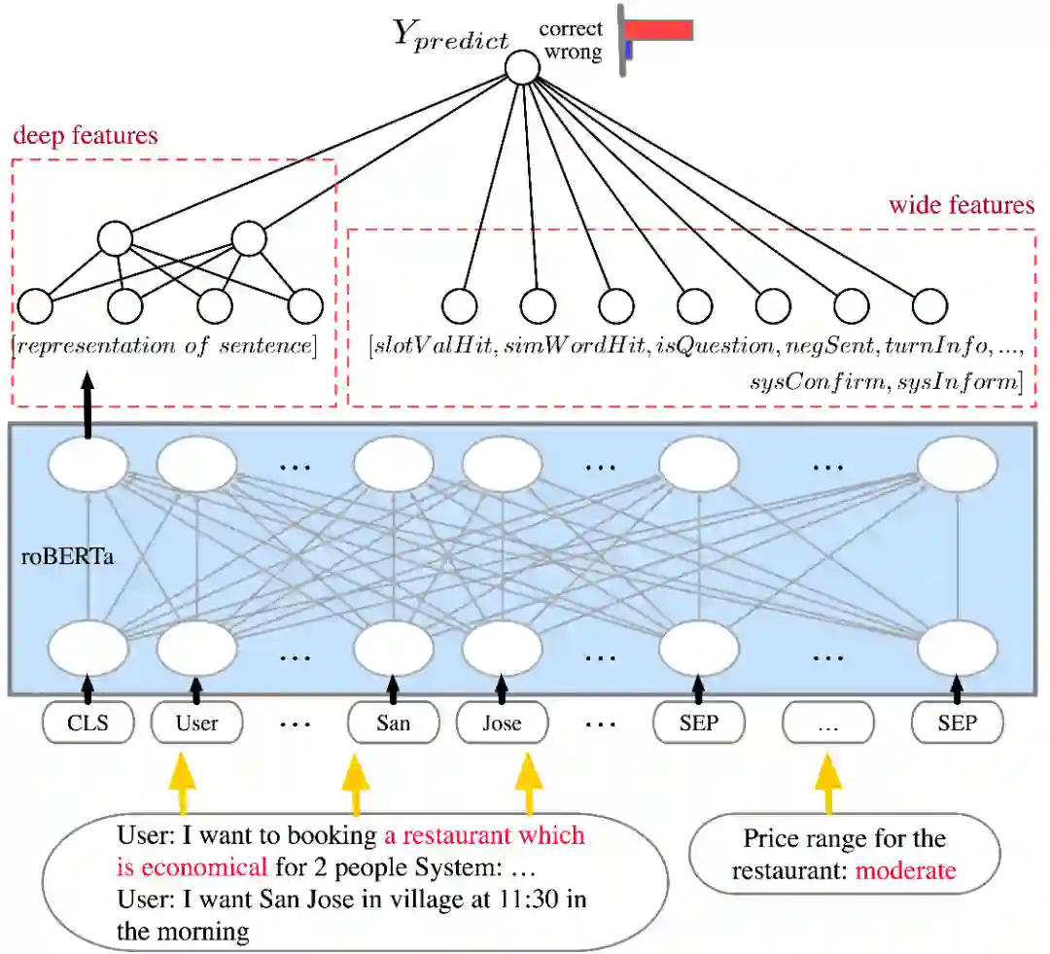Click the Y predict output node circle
point(522,67)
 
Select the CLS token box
point(88,724)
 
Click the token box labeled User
point(197,724)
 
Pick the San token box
point(393,724)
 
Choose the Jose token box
point(502,724)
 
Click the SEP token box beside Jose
point(699,724)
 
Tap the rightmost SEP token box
point(958,724)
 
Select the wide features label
point(962,205)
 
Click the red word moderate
point(905,870)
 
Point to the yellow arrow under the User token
point(181,783)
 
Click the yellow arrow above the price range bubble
point(828,783)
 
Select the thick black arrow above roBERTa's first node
point(88,411)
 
